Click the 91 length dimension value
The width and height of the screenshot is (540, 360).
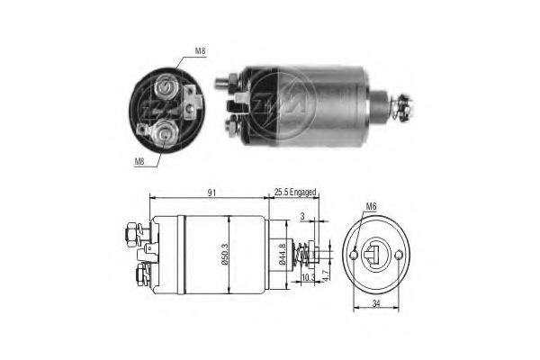pos(209,192)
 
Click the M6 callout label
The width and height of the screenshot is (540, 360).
pos(371,208)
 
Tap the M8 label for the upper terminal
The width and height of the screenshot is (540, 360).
pos(200,51)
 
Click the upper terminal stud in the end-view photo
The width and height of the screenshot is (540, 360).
pos(165,87)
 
